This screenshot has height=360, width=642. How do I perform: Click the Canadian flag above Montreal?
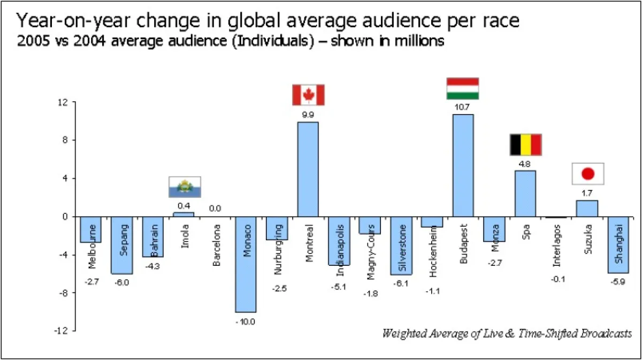(x=308, y=95)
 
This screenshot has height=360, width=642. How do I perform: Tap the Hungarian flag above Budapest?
(x=463, y=89)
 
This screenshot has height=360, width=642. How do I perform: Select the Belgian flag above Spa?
(x=525, y=144)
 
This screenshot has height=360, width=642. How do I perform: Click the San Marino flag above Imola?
(x=184, y=187)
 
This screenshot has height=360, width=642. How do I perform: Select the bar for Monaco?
(x=246, y=264)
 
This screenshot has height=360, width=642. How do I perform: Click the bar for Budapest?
(x=463, y=165)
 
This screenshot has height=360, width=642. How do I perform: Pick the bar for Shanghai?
(x=618, y=244)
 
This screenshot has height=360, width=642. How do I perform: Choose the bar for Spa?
(x=525, y=193)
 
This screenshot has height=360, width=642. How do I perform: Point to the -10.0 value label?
(x=246, y=321)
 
